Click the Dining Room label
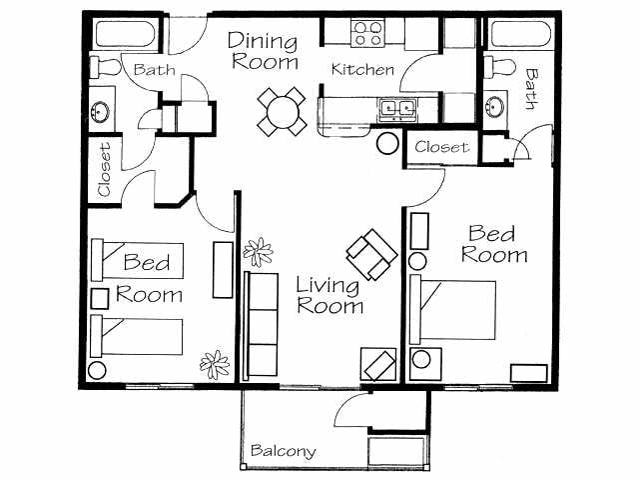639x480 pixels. [264, 51]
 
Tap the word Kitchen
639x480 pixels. [362, 70]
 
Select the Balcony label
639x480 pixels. [284, 451]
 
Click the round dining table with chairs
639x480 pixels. [282, 111]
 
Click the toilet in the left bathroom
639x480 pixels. [103, 65]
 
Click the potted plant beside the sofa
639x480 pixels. [258, 251]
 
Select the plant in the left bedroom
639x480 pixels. [213, 362]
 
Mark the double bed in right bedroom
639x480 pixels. [457, 310]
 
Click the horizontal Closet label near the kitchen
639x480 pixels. [441, 147]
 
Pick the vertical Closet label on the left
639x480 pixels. [104, 168]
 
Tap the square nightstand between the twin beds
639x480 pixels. [100, 297]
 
